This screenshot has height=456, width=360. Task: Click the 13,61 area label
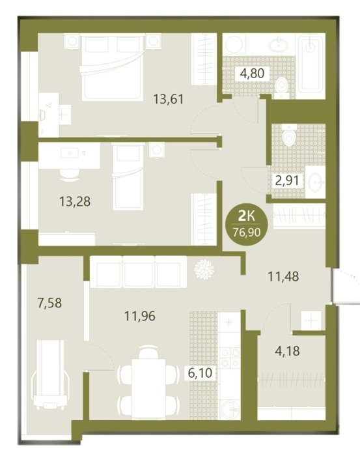click(x=169, y=99)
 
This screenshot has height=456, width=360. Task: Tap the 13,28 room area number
click(x=75, y=201)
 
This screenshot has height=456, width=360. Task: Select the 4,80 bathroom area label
click(x=252, y=73)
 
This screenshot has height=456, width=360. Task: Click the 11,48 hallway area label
click(x=283, y=276)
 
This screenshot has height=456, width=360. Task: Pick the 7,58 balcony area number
click(x=49, y=303)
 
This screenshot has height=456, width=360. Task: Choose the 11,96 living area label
click(x=140, y=316)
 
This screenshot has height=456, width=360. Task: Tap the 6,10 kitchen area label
click(x=201, y=373)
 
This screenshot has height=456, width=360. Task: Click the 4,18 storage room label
click(x=287, y=350)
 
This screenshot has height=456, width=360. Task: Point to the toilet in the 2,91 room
click(x=289, y=137)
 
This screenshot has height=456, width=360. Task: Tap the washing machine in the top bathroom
click(x=234, y=44)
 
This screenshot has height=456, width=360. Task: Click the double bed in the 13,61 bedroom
click(x=112, y=68)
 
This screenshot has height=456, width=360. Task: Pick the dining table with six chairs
click(x=148, y=383)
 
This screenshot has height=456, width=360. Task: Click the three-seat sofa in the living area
click(x=138, y=272)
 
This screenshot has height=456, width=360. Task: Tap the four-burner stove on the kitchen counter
click(x=230, y=357)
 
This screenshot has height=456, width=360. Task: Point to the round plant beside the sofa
click(x=204, y=270)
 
